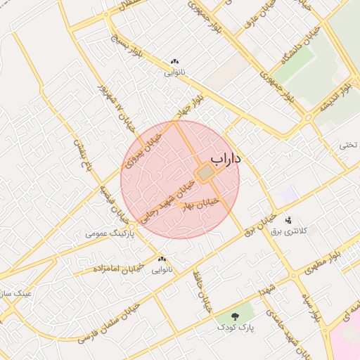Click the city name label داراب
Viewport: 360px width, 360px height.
point(226,159)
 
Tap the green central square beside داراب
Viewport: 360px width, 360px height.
point(205,172)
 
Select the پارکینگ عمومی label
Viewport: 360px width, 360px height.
point(108,231)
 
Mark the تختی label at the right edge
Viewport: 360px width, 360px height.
point(349,145)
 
